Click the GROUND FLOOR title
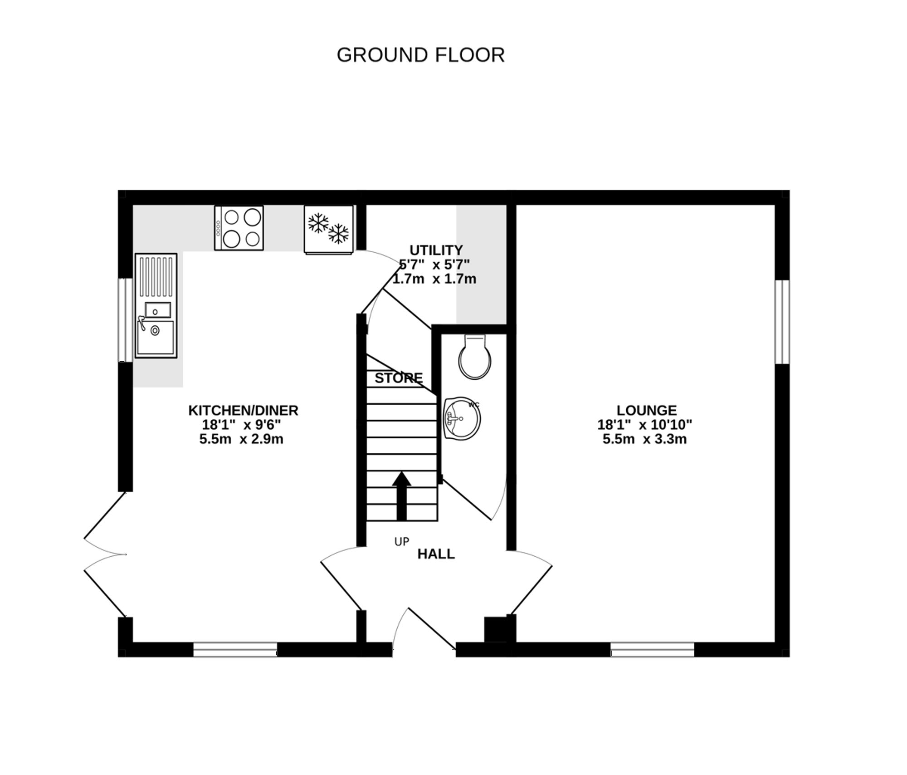[x=420, y=55]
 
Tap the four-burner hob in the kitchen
[x=239, y=228]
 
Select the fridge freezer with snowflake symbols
[x=329, y=229]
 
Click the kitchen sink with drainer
[x=156, y=305]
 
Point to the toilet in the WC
[x=475, y=358]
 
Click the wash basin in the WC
[x=462, y=418]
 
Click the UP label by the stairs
[x=401, y=541]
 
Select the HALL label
[x=436, y=554]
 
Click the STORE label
[x=398, y=378]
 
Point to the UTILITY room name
[x=436, y=250]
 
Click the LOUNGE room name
[x=646, y=410]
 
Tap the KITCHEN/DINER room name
[x=243, y=410]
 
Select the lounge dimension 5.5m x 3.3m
[x=644, y=439]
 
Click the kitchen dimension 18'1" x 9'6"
[x=241, y=425]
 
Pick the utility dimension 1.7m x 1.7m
[x=434, y=279]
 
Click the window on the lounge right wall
[x=782, y=322]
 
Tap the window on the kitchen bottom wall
[x=235, y=649]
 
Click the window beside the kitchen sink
[x=125, y=320]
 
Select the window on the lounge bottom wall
[x=652, y=649]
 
